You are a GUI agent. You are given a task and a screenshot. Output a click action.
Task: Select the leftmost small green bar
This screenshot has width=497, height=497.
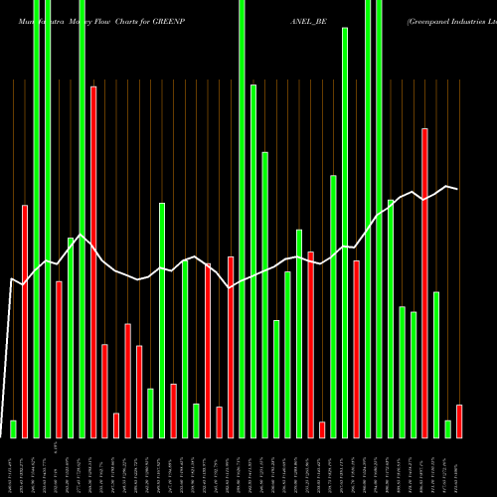click(x=14, y=428)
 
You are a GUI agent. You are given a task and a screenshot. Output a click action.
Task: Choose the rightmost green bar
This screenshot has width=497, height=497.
click(x=448, y=428)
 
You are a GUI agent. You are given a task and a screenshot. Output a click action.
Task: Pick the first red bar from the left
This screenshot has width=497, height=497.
click(x=25, y=320)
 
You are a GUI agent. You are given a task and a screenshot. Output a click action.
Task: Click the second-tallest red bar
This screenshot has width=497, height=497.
click(x=424, y=282)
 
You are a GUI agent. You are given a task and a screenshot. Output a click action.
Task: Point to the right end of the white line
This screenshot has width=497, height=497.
click(x=458, y=189)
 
